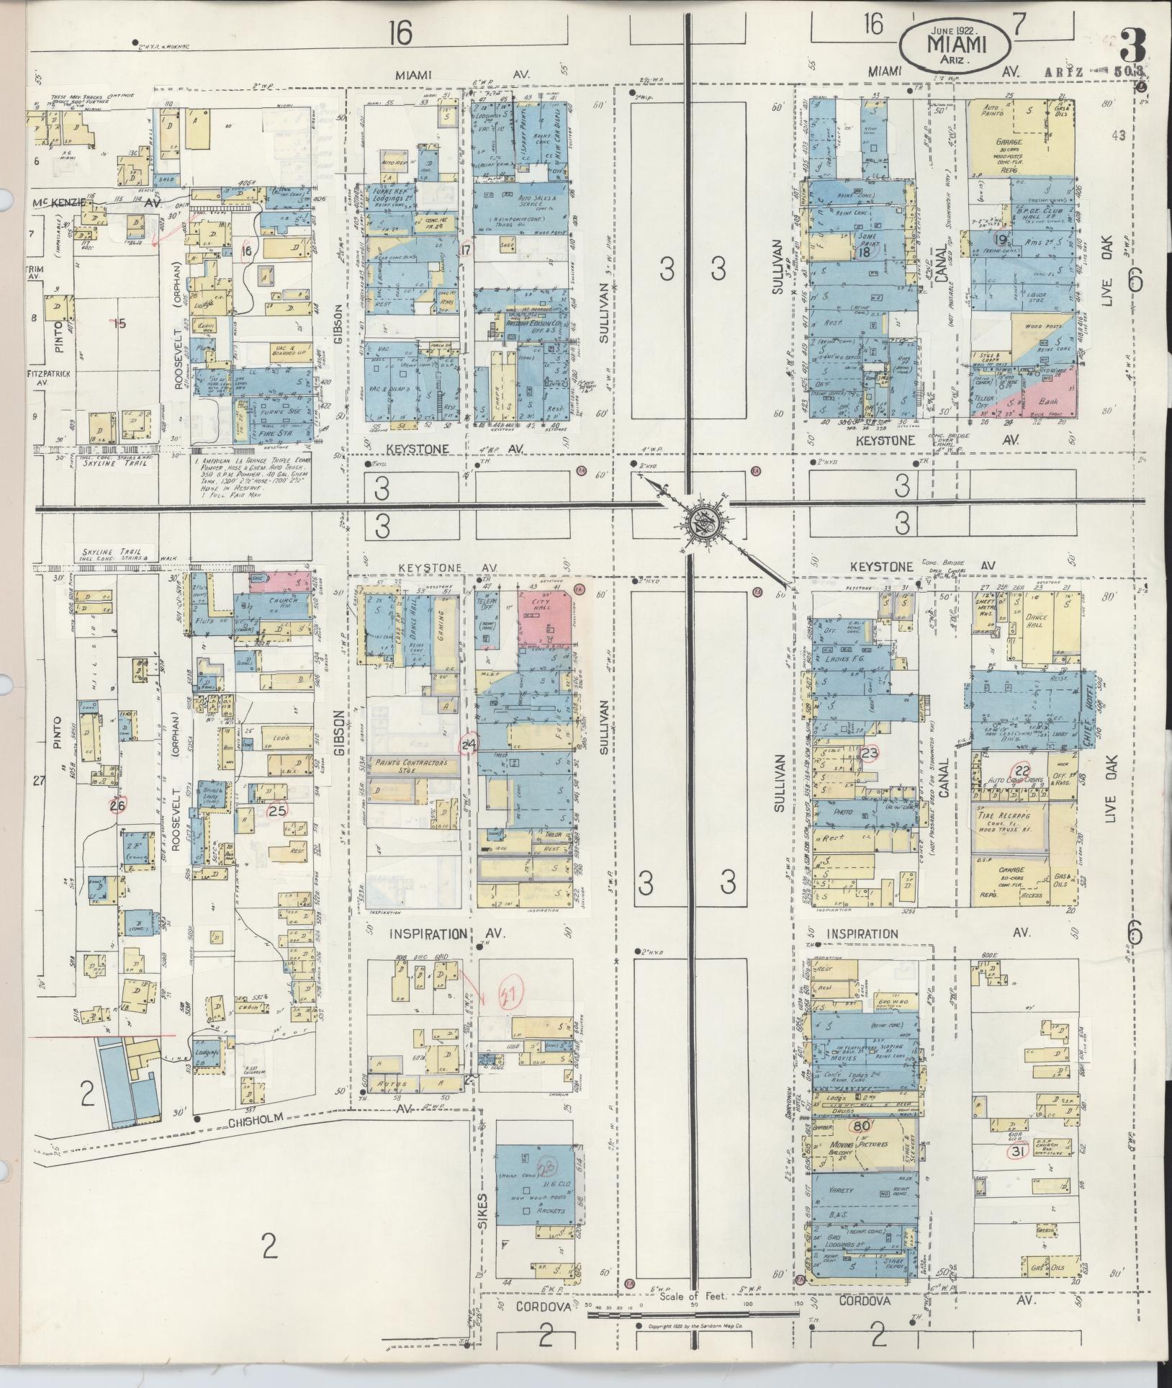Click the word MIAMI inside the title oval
click(955, 44)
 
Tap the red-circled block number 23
click(869, 753)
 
